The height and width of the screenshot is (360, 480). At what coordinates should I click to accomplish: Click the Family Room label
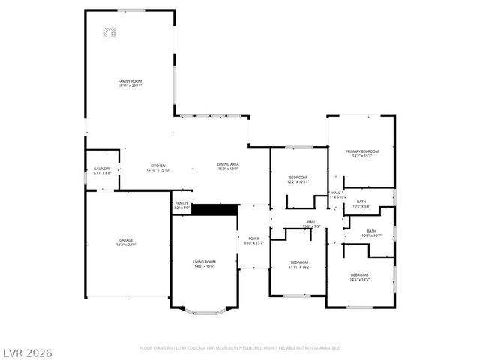tap(130, 81)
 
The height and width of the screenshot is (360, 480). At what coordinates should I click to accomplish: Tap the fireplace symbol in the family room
tap(110, 32)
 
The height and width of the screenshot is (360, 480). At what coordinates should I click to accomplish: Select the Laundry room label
tap(102, 169)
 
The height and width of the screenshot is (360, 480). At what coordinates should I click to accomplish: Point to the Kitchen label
tap(157, 166)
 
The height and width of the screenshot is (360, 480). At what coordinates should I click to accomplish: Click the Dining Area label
tap(228, 164)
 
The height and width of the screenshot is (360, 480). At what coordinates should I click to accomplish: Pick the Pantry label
tap(181, 203)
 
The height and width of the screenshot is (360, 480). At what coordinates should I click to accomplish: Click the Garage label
tap(126, 240)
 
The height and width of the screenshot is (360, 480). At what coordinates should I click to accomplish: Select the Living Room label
tap(204, 262)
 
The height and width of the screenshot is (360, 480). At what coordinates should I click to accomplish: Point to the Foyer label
tap(254, 238)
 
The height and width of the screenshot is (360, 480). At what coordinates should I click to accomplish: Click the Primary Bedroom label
tap(361, 151)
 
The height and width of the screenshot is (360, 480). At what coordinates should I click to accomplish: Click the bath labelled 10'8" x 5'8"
tap(361, 202)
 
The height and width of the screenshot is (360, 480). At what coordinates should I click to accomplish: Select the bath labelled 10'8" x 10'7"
tap(371, 232)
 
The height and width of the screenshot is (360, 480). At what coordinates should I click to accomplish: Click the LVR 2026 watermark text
tap(27, 352)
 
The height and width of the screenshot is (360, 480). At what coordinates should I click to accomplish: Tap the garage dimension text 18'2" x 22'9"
tap(126, 244)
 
